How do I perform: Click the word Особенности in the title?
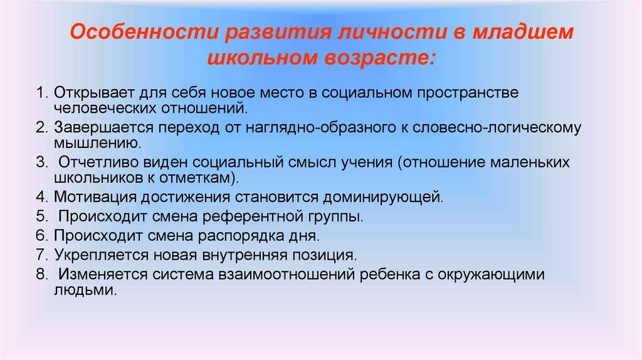pyautogui.click(x=143, y=33)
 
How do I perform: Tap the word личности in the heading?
pyautogui.click(x=391, y=33)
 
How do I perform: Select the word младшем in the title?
pyautogui.click(x=523, y=33)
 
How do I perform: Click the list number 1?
pyautogui.click(x=42, y=93)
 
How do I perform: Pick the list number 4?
pyautogui.click(x=42, y=197)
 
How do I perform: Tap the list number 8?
pyautogui.click(x=42, y=274)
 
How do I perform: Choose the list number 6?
pyautogui.click(x=42, y=235)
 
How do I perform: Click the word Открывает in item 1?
pyautogui.click(x=94, y=93)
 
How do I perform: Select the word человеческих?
pyautogui.click(x=105, y=108)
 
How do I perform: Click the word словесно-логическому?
pyautogui.click(x=497, y=128)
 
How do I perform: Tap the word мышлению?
pyautogui.click(x=97, y=144)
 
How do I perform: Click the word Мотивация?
pyautogui.click(x=95, y=198)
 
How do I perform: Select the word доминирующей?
pyautogui.click(x=383, y=198)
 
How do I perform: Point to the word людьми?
pyautogui.click(x=85, y=290)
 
